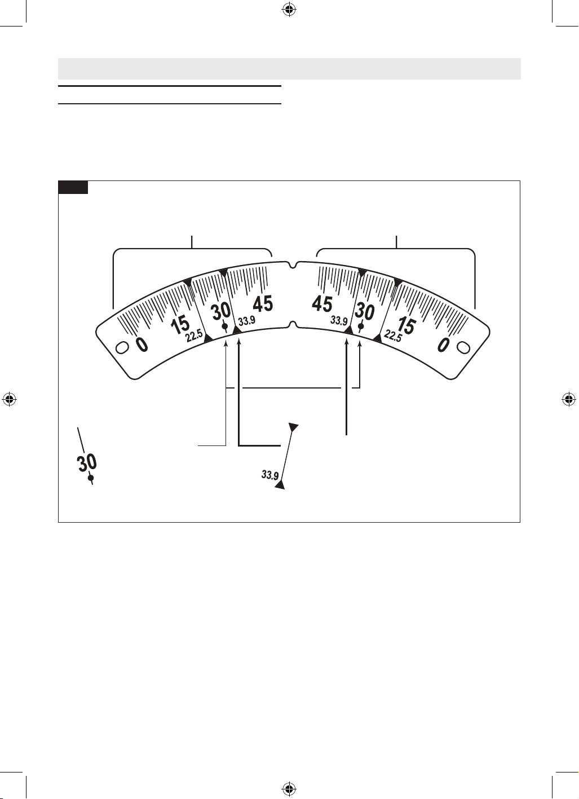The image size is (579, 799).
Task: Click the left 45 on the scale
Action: pyautogui.click(x=263, y=304)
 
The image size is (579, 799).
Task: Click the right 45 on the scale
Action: pyautogui.click(x=322, y=304)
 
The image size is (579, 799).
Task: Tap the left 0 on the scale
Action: pyautogui.click(x=142, y=345)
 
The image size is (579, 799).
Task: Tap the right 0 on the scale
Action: pyautogui.click(x=443, y=345)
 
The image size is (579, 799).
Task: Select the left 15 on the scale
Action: pyautogui.click(x=180, y=325)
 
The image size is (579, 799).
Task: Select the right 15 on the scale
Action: pyautogui.click(x=406, y=325)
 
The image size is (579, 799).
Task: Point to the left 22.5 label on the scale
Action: pyautogui.click(x=194, y=337)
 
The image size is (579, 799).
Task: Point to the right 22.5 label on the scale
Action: pyautogui.click(x=392, y=336)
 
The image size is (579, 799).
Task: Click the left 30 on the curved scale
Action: pyautogui.click(x=221, y=311)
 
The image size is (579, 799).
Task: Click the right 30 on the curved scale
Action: pyautogui.click(x=364, y=311)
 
